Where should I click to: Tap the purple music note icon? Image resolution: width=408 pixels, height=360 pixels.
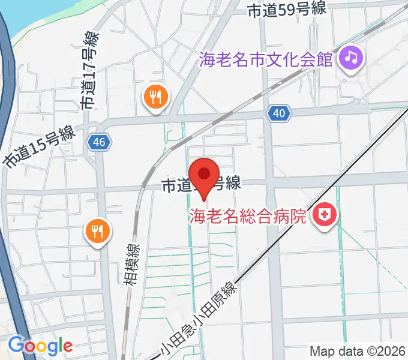(351, 59)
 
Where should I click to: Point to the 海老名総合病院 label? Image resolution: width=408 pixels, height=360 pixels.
(248, 215)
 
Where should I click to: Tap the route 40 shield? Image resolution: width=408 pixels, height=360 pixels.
(280, 113)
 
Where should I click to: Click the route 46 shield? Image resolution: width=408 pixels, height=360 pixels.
(99, 142)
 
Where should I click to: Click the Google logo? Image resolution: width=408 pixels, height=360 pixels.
(40, 346)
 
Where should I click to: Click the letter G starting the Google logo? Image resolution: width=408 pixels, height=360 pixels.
(16, 346)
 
